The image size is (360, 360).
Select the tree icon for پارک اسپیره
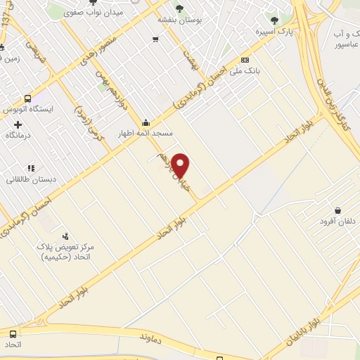click(274, 20)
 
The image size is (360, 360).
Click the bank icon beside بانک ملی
click(245, 60)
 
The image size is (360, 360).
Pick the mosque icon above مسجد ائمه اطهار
click(146, 122)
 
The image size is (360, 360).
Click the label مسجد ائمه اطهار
click(149, 134)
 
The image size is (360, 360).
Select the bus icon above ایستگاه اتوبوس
click(27, 99)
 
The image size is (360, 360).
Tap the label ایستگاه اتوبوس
click(27, 111)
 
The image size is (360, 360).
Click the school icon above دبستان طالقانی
click(30, 168)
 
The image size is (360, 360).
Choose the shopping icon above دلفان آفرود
click(338, 210)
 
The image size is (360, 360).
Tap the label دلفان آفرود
click(338, 222)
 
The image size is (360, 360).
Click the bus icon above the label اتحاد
click(13, 334)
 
